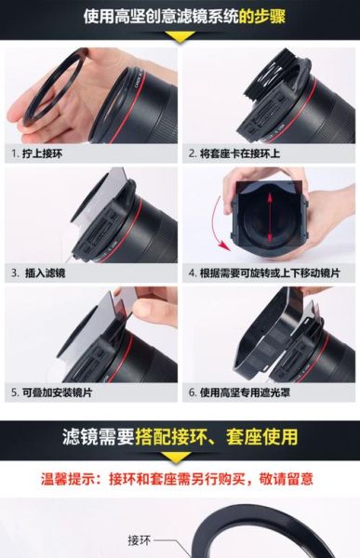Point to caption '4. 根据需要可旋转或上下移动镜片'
(x=264, y=273)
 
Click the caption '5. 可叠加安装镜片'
(x=52, y=392)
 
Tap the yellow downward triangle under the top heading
(x=180, y=37)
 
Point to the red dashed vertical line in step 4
(x=270, y=223)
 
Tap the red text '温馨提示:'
(x=73, y=479)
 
